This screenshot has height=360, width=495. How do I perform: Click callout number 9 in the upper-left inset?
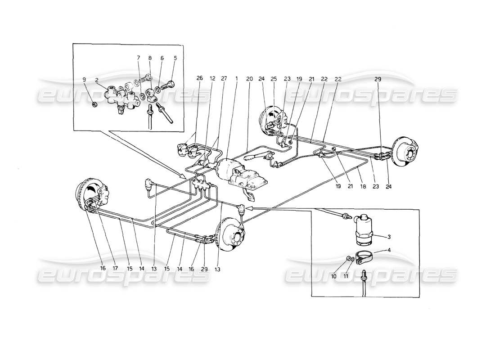(x=84, y=80)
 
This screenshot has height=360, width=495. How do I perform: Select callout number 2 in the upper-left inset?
(x=97, y=80)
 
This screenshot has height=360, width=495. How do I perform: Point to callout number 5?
(x=175, y=58)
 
